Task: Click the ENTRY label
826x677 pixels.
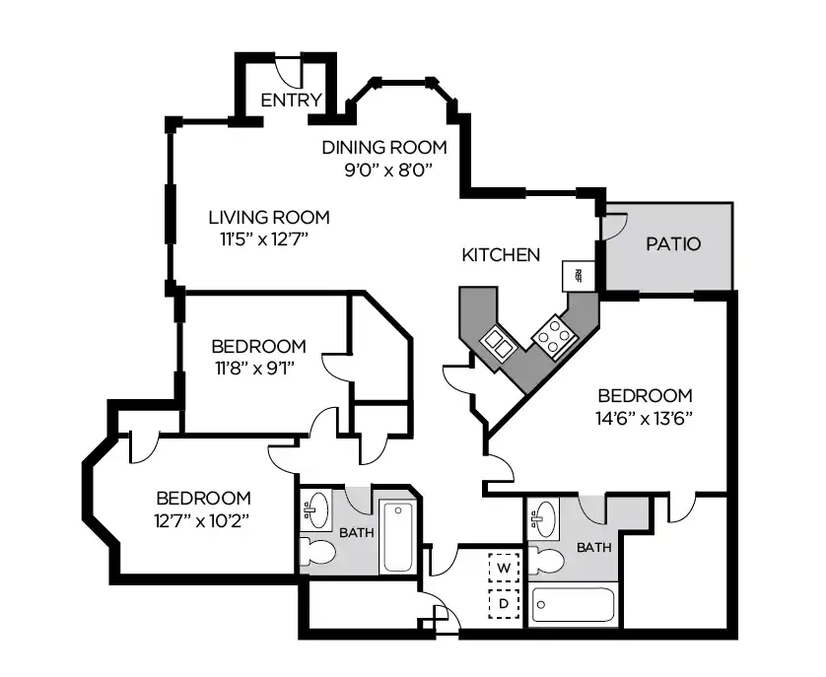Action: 291,100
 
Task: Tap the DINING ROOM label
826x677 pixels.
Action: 384,148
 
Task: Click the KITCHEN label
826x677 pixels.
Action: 501,255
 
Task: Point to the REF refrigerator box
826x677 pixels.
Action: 579,275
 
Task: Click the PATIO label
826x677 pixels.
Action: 673,243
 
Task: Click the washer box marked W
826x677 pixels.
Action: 504,569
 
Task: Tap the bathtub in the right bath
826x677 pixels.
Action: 573,605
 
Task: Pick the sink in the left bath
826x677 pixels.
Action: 315,509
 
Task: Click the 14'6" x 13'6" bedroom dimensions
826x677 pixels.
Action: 646,417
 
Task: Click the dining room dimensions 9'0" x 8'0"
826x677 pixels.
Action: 384,169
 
